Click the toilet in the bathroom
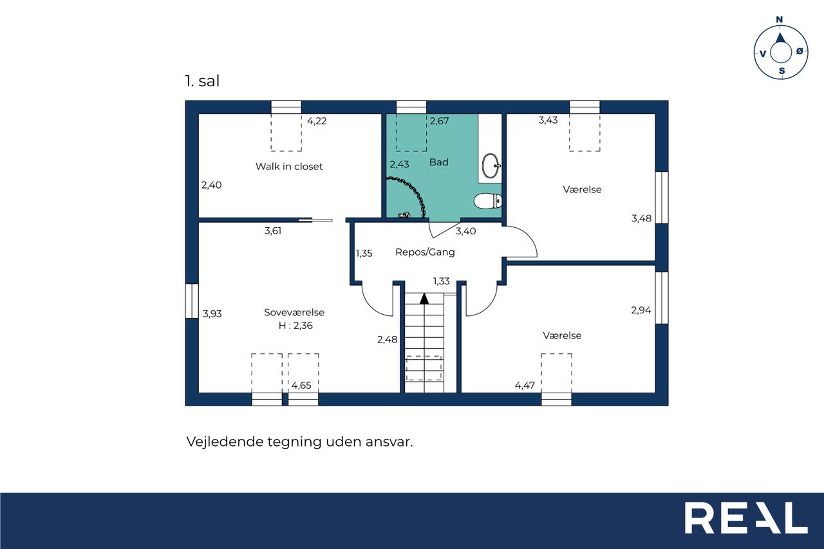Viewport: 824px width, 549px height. [488, 201]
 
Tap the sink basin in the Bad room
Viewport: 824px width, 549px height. [491, 165]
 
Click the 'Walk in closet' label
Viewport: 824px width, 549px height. [289, 167]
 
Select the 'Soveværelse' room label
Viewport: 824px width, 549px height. [294, 313]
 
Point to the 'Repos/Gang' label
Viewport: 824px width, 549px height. [425, 252]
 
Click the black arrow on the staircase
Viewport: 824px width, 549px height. [424, 299]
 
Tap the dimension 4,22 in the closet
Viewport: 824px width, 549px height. [317, 121]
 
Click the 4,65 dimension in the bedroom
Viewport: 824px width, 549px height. [301, 386]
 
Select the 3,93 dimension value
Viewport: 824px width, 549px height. [212, 313]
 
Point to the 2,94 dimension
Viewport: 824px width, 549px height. [641, 310]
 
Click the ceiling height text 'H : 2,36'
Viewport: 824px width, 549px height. [295, 326]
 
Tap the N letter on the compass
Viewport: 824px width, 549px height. [779, 19]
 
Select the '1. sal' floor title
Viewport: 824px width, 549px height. [202, 81]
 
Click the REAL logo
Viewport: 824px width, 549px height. [746, 518]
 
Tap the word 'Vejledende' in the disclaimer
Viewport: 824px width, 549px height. [225, 442]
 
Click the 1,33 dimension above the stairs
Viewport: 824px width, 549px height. [441, 281]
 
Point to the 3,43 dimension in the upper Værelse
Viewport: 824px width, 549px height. [548, 120]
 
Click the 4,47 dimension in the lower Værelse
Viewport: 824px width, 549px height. [525, 386]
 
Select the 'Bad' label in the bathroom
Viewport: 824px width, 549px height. [439, 162]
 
